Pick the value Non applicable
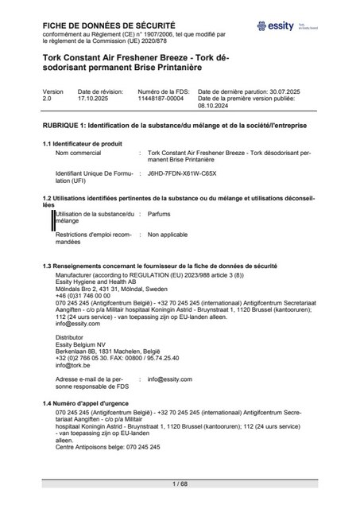[166, 235]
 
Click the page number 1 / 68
[180, 484]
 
